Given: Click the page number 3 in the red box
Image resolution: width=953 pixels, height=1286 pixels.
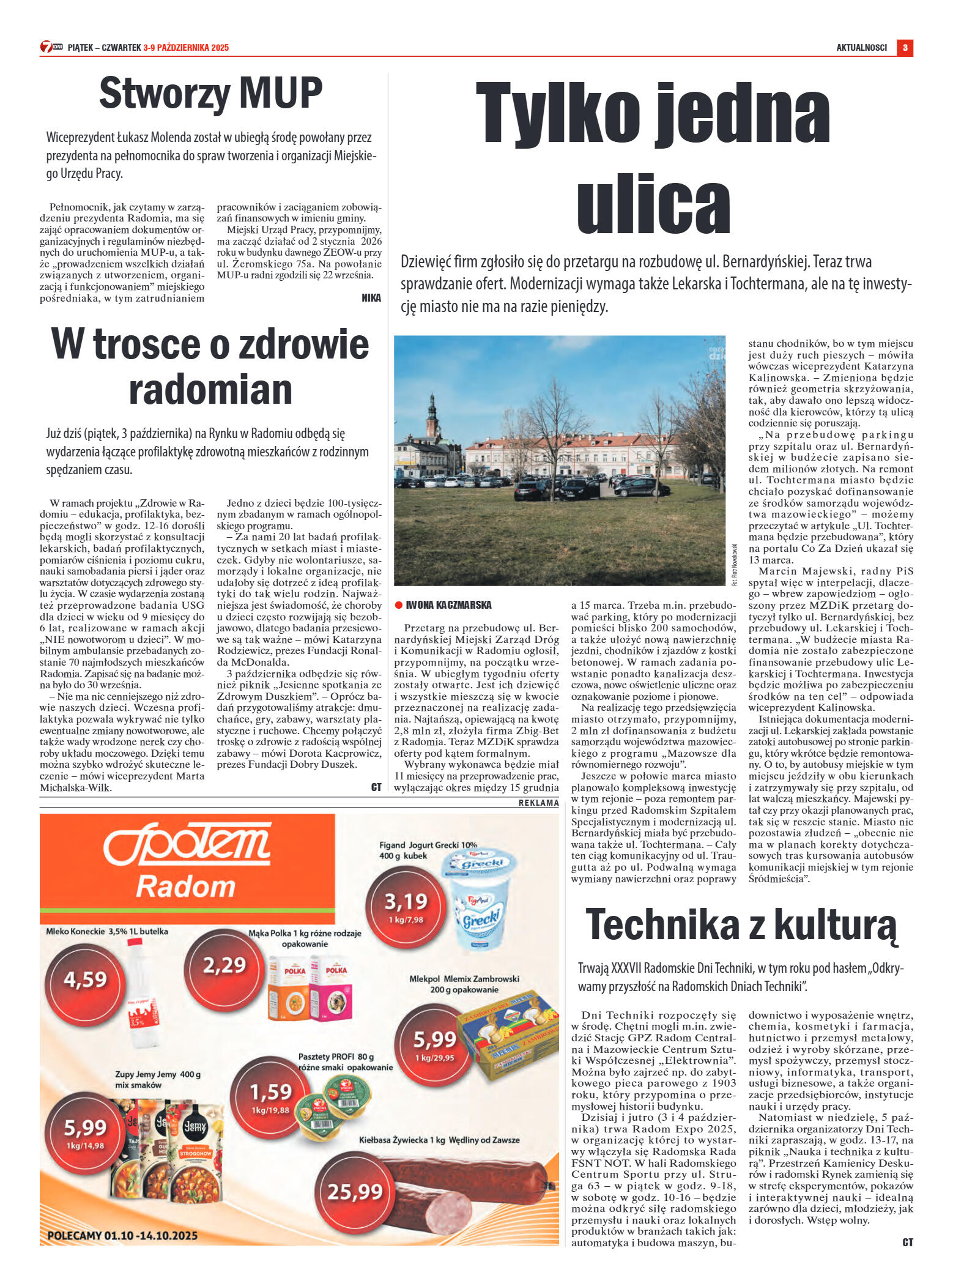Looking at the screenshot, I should click(905, 48).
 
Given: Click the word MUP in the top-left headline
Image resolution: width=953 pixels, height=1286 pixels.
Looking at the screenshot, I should click(281, 93).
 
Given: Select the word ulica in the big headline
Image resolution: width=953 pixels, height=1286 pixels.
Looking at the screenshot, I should click(653, 203).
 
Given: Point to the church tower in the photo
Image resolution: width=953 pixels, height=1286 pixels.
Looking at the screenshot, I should click(432, 416).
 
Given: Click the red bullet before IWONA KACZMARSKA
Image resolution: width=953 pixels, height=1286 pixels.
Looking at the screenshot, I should click(399, 605).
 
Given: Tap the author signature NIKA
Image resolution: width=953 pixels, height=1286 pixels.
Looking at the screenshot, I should click(371, 298).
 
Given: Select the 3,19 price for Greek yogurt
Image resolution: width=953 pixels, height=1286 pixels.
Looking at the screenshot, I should click(406, 903).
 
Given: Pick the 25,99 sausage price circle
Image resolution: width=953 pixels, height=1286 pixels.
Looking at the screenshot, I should click(355, 1192).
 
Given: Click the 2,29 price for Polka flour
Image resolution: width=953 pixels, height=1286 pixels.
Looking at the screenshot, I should click(224, 965).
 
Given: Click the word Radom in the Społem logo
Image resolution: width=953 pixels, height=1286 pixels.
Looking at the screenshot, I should click(185, 886).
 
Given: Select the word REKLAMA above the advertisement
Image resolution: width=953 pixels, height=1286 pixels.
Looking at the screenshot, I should click(538, 803).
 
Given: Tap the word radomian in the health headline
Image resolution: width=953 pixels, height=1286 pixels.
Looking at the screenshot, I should click(210, 389).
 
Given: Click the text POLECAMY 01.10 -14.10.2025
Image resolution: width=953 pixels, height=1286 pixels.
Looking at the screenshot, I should click(122, 1235).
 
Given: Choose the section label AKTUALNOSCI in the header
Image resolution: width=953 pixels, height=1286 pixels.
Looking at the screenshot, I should click(861, 48).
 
